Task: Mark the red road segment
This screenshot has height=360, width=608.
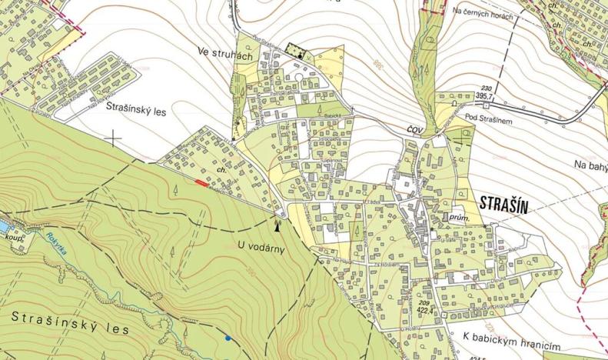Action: coord(201,183)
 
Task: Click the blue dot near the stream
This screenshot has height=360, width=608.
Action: coord(228,337)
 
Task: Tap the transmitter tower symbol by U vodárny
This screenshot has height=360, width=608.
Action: coord(277,224)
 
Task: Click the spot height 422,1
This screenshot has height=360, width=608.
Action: coord(426,312)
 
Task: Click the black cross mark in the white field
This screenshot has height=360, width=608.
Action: coord(114,138)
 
